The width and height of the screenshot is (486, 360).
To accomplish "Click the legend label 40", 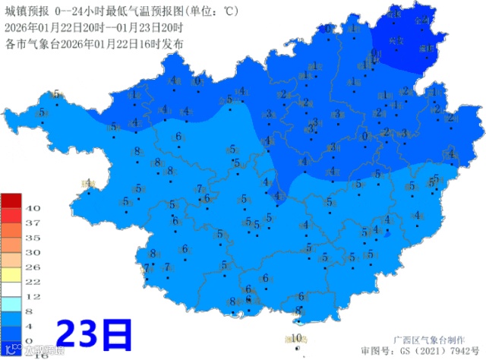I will pyautogui.click(x=33, y=207).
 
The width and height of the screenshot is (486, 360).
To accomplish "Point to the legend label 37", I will pyautogui.click(x=33, y=223).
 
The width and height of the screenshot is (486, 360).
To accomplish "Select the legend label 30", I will pyautogui.click(x=33, y=252).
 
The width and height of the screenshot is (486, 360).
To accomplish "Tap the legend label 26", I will pyautogui.click(x=33, y=267).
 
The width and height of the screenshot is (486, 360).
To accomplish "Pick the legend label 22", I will pyautogui.click(x=33, y=282).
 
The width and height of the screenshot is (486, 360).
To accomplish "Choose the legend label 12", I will pyautogui.click(x=33, y=296).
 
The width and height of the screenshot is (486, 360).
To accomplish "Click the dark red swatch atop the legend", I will pyautogui.click(x=11, y=201).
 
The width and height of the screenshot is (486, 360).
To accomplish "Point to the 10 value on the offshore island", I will pyautogui.click(x=298, y=338).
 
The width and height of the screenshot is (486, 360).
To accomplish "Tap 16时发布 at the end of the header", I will pyautogui.click(x=163, y=44).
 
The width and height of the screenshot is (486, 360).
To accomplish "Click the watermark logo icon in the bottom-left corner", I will pyautogui.click(x=8, y=350).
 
